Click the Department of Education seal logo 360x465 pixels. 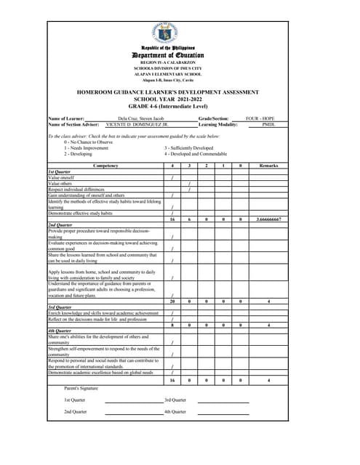click(172, 33)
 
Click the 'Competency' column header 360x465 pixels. click(105, 166)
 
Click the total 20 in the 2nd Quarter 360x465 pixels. click(172, 301)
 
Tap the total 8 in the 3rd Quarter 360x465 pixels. click(172, 325)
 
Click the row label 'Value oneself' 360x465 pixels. click(63, 177)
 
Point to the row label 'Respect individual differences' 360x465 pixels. click(79, 190)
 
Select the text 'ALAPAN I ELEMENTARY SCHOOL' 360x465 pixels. click(172, 73)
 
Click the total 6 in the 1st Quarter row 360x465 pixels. click(189, 219)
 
